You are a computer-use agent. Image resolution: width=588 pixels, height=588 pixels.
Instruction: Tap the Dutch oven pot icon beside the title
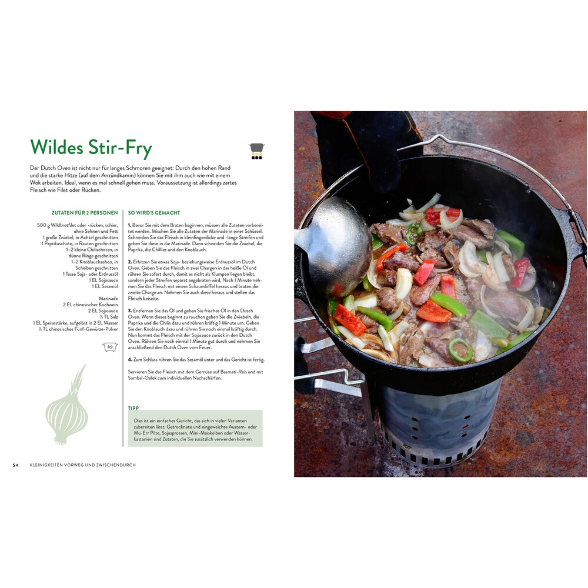pos(256,151)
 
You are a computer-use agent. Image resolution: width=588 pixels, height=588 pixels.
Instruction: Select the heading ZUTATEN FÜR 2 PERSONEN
pos(85,213)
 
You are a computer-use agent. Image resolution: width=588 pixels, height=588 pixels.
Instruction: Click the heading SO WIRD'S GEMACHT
pos(154,213)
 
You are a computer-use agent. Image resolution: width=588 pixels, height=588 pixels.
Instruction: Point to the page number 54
pos(15,465)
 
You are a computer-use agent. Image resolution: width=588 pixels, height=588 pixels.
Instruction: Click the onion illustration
pos(67,405)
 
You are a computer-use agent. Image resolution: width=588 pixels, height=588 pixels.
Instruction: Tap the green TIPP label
pos(133,408)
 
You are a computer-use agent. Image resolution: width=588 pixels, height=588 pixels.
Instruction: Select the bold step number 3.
pos(130,311)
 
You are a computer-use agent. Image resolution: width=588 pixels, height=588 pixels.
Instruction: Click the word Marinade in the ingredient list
pos(108,299)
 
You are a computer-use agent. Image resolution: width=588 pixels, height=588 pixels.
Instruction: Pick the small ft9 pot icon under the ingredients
pos(111,348)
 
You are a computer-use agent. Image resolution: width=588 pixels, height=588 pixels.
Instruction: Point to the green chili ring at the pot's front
pos(460,349)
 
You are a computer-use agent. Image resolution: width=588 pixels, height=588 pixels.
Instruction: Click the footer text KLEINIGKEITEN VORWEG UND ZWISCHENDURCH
pos(82,465)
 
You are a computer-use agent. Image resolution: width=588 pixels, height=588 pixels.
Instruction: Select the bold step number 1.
pos(130,225)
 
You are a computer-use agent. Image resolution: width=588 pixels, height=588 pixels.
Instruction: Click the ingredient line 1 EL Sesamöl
pos(105,286)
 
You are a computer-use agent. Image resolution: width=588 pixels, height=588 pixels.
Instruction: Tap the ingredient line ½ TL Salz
pos(109,317)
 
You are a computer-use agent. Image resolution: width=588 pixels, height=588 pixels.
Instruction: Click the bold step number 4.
pos(130,360)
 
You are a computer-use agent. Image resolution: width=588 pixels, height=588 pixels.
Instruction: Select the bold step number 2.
pos(130,262)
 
